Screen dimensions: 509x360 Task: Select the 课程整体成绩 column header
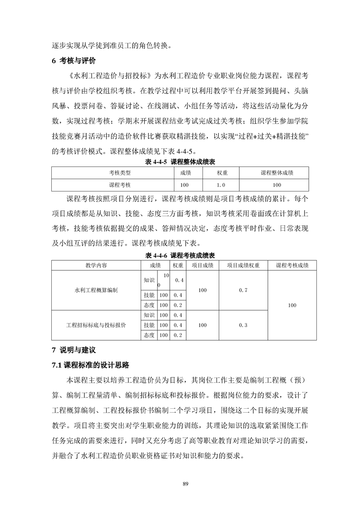pos(277,173)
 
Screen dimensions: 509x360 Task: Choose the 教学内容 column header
pos(96,265)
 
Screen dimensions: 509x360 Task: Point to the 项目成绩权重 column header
pos(243,265)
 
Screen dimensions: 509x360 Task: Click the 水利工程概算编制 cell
pos(96,290)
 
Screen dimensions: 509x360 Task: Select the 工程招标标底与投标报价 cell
pos(96,325)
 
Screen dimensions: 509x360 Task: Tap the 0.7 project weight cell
pos(243,290)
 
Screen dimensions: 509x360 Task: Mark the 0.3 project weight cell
pos(243,325)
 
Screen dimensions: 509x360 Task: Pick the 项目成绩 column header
pos(202,265)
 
